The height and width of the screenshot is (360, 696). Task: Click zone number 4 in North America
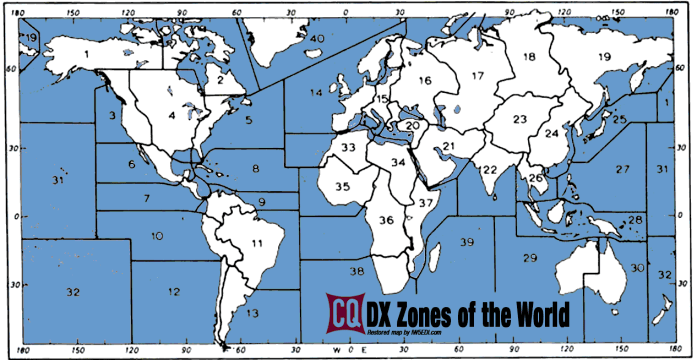172,115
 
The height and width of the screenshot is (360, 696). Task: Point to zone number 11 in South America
257,243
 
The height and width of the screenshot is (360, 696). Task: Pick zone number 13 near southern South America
252,314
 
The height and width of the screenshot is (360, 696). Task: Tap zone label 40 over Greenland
317,38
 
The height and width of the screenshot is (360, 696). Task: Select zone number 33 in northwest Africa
347,148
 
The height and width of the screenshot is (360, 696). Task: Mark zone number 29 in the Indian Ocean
529,259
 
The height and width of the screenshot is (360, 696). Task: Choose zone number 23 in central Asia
519,120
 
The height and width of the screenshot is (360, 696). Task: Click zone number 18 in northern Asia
529,57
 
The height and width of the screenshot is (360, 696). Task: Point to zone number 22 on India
490,169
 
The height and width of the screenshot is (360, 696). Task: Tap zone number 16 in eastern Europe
425,80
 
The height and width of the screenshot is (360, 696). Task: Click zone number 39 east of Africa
466,243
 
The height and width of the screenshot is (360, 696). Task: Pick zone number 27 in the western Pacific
623,168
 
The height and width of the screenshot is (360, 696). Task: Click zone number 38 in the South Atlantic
355,272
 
